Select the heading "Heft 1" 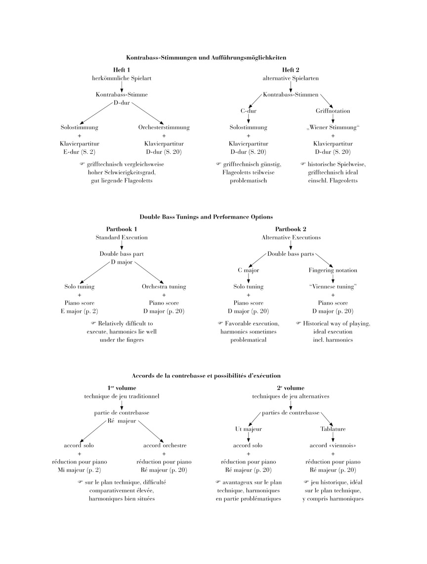tap(121, 70)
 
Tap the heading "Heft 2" tap(291, 70)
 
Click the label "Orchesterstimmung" tap(164, 127)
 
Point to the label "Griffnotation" tap(333, 111)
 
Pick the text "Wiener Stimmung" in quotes tap(333, 127)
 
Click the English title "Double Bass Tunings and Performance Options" tap(206, 217)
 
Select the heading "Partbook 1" tap(122, 229)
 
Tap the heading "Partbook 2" tap(291, 229)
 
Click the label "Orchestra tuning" tap(164, 286)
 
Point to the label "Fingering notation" tap(333, 270)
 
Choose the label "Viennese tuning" tap(333, 286)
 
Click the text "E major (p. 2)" tap(79, 311)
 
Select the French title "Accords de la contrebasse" tap(206, 376)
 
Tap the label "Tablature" tap(333, 429)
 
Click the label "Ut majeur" tap(248, 429)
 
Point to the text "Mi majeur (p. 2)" tap(79, 470)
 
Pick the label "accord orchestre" tap(164, 445)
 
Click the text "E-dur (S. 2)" tap(79, 151)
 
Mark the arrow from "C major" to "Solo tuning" tap(248, 278)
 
